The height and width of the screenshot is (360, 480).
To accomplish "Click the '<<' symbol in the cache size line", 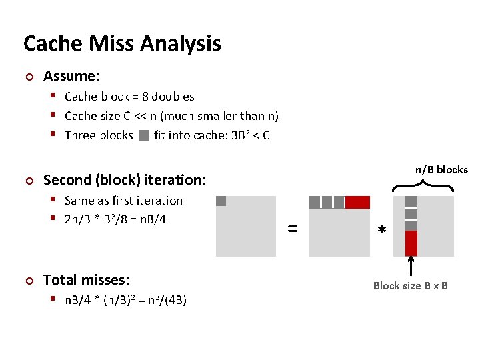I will point(141,116).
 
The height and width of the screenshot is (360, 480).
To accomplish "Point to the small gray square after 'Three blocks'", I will point(144,136).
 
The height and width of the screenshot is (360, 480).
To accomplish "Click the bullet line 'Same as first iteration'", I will point(123,201).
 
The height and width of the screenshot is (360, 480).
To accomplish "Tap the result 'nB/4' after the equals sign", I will point(152,220).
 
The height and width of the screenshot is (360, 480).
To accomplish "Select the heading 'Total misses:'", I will point(86,280).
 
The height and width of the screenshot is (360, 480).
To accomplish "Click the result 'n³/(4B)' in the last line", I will point(166,300).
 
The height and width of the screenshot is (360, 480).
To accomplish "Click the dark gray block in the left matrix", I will point(221,201).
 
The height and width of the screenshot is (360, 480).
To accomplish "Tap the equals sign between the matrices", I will point(292,228).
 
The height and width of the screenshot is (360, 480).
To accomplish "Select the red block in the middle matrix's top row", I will point(357,202).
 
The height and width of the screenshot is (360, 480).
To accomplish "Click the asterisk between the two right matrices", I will point(381,231).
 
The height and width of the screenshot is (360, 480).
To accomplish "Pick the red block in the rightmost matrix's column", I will point(411,243).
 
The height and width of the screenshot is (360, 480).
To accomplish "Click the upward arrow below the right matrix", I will point(411,266).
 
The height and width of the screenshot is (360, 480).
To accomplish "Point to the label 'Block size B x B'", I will point(410,286).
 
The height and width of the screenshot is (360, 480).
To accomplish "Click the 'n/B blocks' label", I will point(441,170).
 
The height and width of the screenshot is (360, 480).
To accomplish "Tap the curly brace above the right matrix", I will point(422,187).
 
